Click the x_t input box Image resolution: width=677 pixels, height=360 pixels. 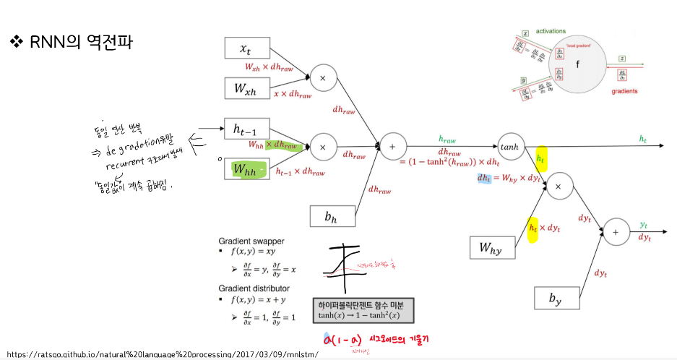pos(247,48)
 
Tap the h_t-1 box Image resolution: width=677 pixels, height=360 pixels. pos(247,129)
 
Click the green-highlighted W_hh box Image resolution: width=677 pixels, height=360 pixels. pos(247,170)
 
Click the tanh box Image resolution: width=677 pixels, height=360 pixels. pos(510,146)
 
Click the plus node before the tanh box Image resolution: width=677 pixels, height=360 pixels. pos(393,145)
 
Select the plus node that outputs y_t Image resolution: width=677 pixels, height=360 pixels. pos(616,231)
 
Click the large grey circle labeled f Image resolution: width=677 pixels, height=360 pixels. pos(577,64)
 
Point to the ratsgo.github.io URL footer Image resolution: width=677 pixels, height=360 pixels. pos(162,354)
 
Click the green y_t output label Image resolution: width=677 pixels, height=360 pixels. pos(644,226)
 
